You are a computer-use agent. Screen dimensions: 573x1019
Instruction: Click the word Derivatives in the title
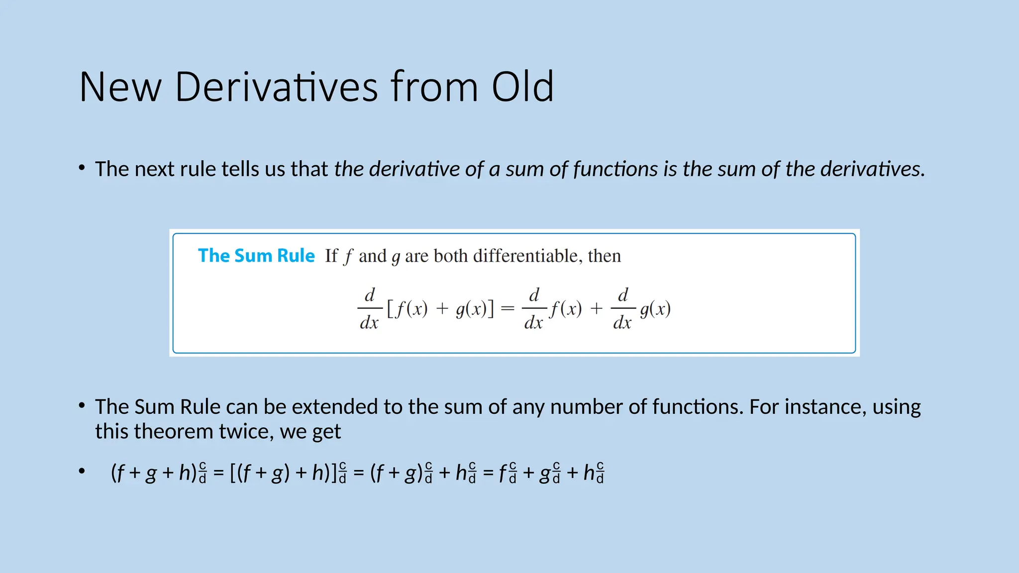(x=277, y=87)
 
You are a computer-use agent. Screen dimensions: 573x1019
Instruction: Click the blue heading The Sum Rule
(x=256, y=256)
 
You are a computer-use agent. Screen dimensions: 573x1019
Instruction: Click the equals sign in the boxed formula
(x=508, y=309)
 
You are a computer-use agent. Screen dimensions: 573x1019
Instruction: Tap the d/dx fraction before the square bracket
(x=369, y=309)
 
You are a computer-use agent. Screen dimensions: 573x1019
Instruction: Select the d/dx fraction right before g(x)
(x=622, y=309)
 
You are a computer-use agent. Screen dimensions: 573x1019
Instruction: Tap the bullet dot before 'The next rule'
(x=82, y=169)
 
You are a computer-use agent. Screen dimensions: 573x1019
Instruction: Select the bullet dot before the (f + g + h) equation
(x=82, y=471)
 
